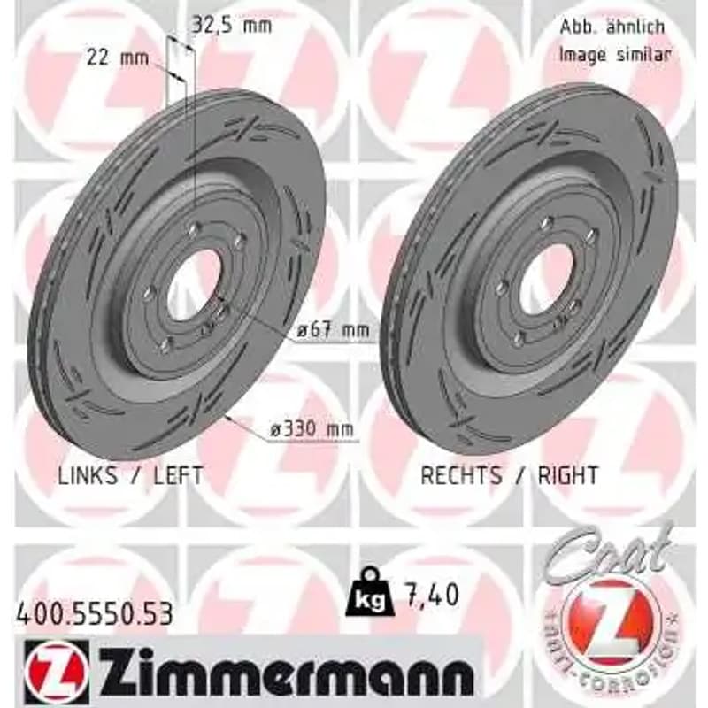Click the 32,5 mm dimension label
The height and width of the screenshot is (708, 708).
click(232, 26)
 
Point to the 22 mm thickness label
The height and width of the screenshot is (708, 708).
click(118, 58)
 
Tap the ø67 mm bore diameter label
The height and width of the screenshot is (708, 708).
click(334, 330)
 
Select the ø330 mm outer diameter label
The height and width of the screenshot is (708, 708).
click(312, 429)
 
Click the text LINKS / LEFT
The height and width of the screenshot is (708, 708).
click(130, 475)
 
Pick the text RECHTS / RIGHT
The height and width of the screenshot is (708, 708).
click(510, 475)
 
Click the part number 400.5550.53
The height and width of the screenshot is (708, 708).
click(95, 614)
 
